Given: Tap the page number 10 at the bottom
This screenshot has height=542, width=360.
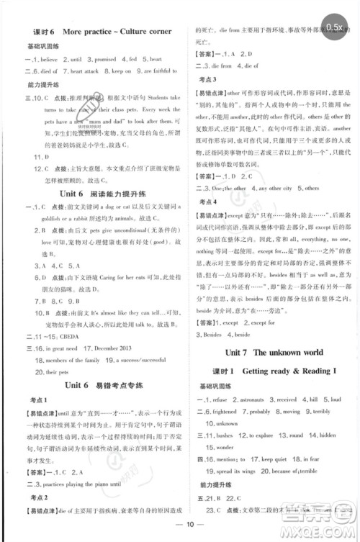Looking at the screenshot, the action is point(179,531).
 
